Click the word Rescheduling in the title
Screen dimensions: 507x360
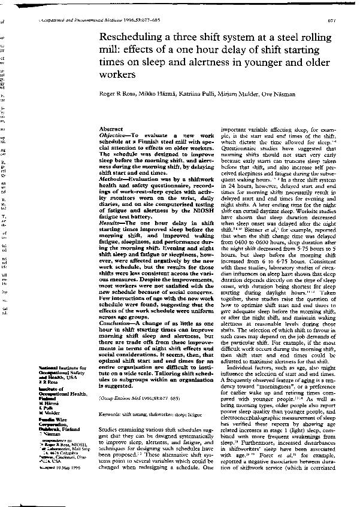point(131,38)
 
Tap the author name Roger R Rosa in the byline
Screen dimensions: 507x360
point(114,95)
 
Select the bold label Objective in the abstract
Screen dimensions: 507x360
point(113,136)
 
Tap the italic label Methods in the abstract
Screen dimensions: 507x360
point(111,180)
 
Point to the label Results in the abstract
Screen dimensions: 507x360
point(111,223)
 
